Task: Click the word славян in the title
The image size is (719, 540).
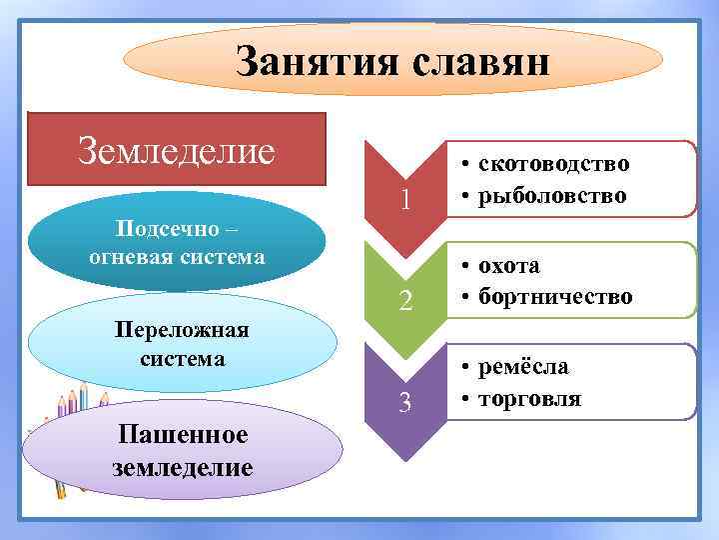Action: click(x=479, y=62)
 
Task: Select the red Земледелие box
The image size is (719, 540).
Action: click(x=177, y=150)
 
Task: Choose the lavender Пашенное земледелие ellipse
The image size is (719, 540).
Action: click(x=183, y=451)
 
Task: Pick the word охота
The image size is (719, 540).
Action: click(x=509, y=266)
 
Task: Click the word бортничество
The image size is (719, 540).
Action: click(x=555, y=296)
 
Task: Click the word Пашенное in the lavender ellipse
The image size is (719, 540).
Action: click(x=183, y=436)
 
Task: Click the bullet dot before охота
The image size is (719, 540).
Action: click(x=466, y=267)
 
